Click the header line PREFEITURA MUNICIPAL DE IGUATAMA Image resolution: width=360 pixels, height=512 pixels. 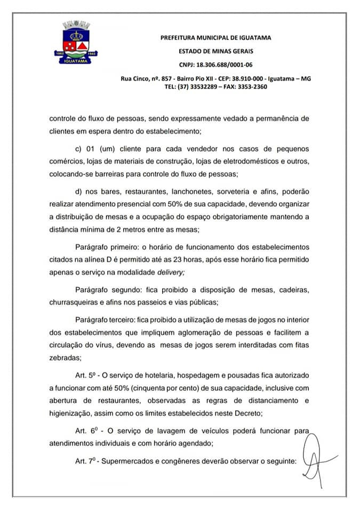click(216, 37)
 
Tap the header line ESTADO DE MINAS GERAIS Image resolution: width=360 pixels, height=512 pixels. click(216, 51)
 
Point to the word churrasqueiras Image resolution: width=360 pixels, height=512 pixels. click(75, 301)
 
